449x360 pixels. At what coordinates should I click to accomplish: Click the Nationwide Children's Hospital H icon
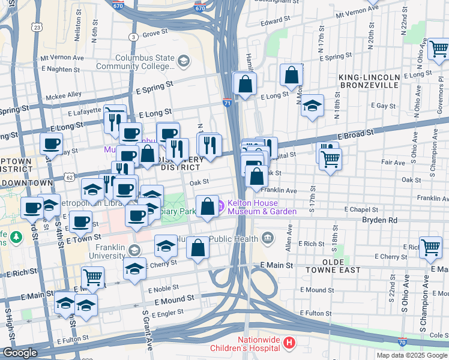tap(289, 343)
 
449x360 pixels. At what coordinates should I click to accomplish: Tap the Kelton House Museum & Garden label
tap(261, 207)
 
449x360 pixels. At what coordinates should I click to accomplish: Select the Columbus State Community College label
tap(140, 62)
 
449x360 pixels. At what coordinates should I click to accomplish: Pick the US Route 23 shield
tap(37, 27)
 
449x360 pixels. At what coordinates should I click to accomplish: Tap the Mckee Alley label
tap(66, 94)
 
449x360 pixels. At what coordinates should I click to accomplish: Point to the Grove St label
tap(155, 33)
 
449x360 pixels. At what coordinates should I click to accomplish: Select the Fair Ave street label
tap(393, 163)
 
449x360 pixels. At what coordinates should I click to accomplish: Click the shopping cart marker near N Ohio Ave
tap(438, 51)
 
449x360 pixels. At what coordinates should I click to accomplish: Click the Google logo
tap(20, 353)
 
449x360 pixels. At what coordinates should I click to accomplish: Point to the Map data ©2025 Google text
tap(411, 355)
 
